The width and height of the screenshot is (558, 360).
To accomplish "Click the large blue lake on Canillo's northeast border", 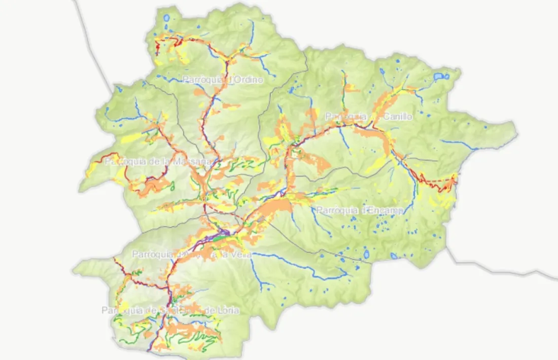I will coord(439,77).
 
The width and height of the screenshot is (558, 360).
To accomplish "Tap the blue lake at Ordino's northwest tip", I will coord(166,19).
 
